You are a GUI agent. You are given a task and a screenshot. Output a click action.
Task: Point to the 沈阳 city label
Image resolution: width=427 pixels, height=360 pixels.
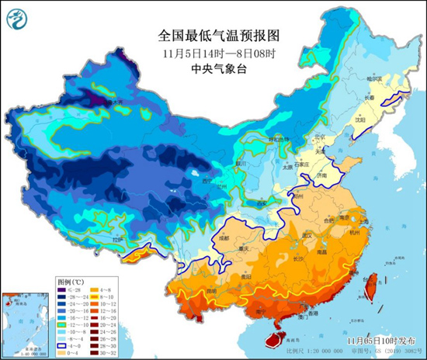coord(359,120)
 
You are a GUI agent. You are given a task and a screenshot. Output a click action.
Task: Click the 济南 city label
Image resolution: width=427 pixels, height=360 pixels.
coord(321,175)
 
